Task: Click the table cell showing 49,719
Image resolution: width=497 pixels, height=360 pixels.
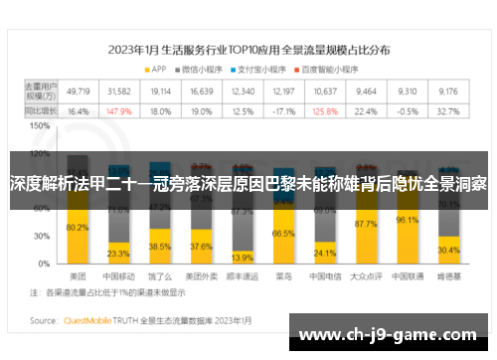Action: (78, 90)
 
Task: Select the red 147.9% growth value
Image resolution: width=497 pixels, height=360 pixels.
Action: (119, 111)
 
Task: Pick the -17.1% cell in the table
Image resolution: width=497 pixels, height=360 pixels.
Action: (284, 111)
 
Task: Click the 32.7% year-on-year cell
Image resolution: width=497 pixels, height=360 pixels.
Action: (448, 111)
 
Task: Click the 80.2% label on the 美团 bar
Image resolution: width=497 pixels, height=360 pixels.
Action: (78, 228)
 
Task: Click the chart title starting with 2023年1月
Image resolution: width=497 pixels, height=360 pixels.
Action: (248, 47)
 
